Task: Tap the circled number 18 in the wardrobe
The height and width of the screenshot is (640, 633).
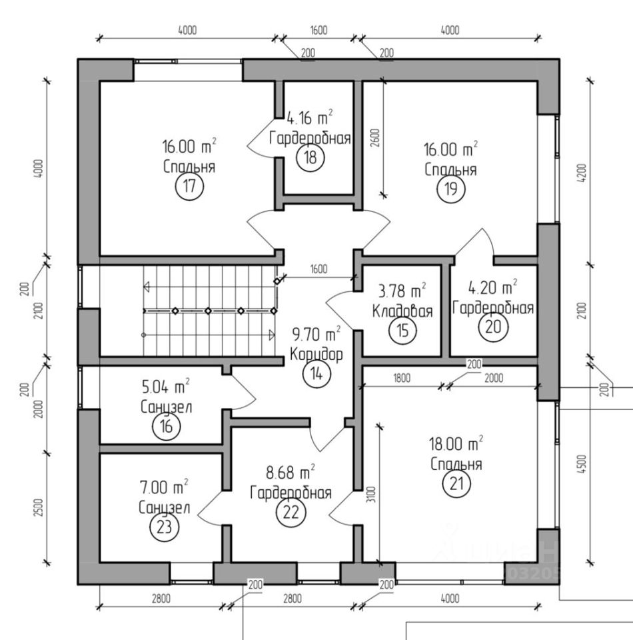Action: click(311, 158)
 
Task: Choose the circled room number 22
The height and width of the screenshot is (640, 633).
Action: click(290, 513)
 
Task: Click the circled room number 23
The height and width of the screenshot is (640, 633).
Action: click(165, 527)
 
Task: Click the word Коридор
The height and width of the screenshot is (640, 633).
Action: click(316, 354)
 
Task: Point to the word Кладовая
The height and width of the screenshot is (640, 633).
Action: click(402, 311)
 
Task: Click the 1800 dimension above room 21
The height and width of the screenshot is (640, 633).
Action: click(401, 378)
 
